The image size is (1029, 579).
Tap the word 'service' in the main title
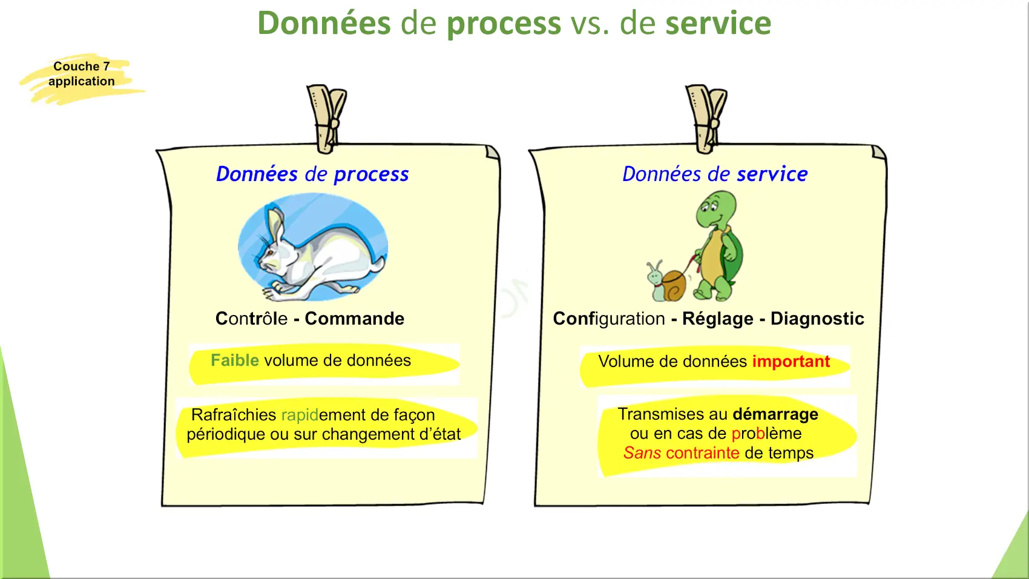(x=718, y=23)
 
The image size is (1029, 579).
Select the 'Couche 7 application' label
(x=81, y=73)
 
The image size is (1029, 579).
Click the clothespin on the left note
(x=327, y=119)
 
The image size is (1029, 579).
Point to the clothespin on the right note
(x=706, y=119)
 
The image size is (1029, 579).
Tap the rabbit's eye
(x=271, y=253)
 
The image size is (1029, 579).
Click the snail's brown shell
(x=674, y=285)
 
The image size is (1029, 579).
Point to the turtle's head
(x=715, y=209)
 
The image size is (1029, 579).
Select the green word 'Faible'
(x=235, y=360)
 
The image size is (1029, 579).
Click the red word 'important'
(x=791, y=362)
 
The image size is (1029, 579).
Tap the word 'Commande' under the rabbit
(x=354, y=319)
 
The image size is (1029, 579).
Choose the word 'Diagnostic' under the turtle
(x=817, y=319)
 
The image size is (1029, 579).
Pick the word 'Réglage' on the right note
(x=717, y=319)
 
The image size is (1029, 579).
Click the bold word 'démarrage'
(x=775, y=414)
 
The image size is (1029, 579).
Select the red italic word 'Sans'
(x=642, y=453)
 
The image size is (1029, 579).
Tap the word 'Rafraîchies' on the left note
(x=234, y=415)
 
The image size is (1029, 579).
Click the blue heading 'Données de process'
(x=312, y=174)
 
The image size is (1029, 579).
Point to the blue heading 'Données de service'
(x=715, y=174)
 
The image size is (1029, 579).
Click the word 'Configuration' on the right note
(x=609, y=319)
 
